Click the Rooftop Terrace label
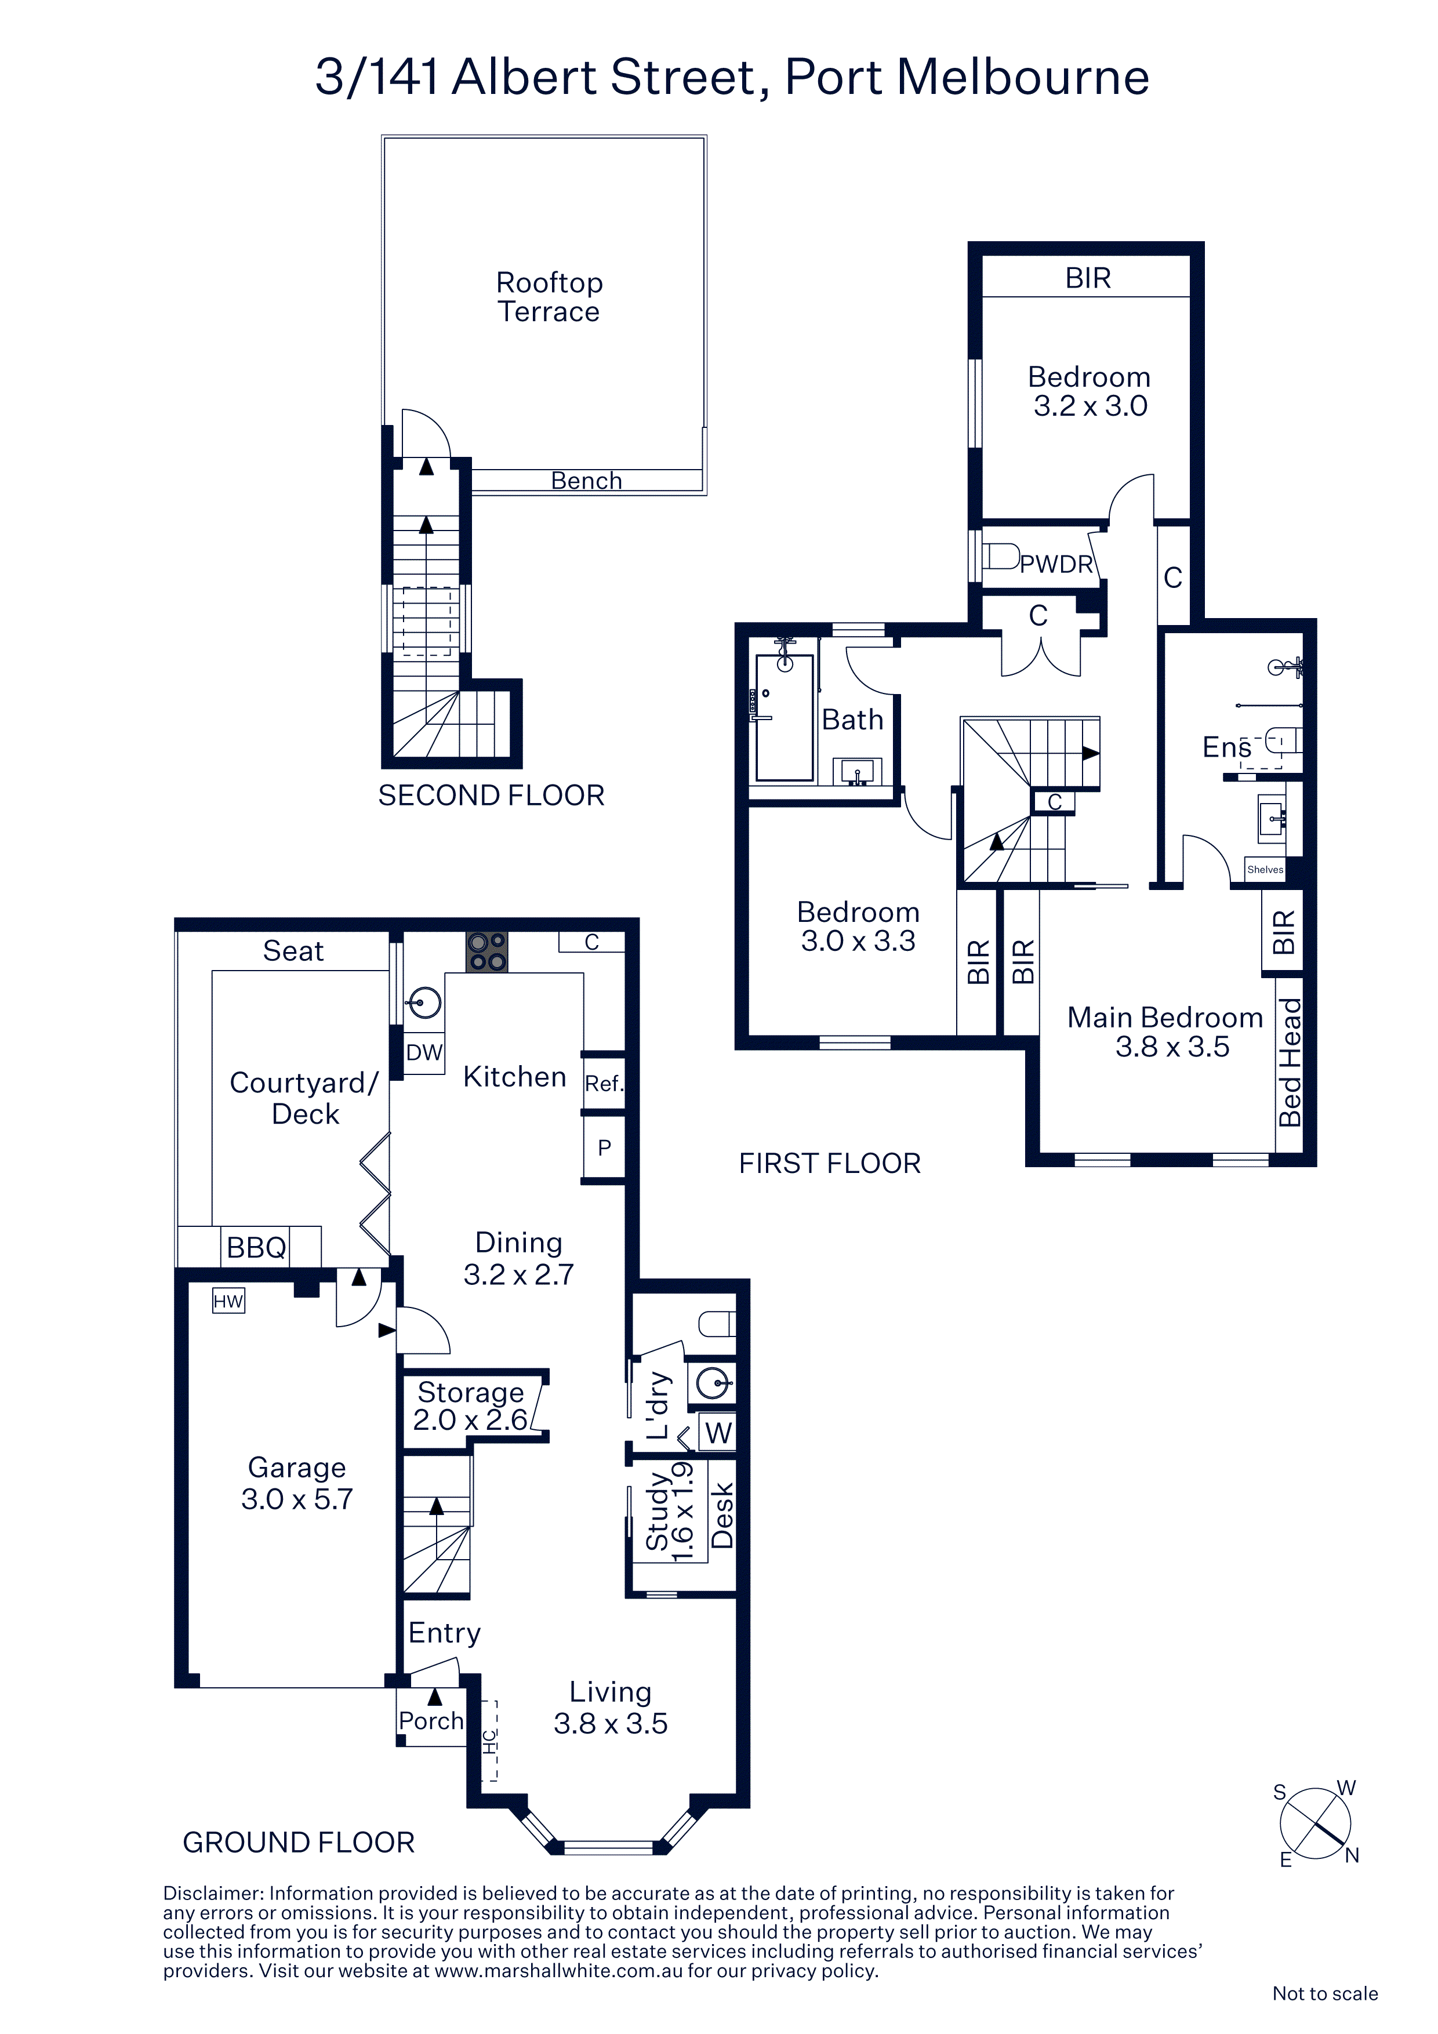(549, 297)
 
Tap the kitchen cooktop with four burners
(487, 952)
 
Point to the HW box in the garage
(228, 1301)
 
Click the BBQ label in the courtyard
(257, 1247)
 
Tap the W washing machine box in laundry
(718, 1433)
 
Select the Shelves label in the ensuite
(1265, 869)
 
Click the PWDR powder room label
(1056, 564)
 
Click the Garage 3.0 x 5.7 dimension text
(297, 1499)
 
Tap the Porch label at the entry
(431, 1720)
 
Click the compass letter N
(1352, 1855)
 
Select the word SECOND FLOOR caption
(492, 796)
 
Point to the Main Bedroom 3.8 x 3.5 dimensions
(1172, 1046)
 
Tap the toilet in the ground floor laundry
(717, 1324)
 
